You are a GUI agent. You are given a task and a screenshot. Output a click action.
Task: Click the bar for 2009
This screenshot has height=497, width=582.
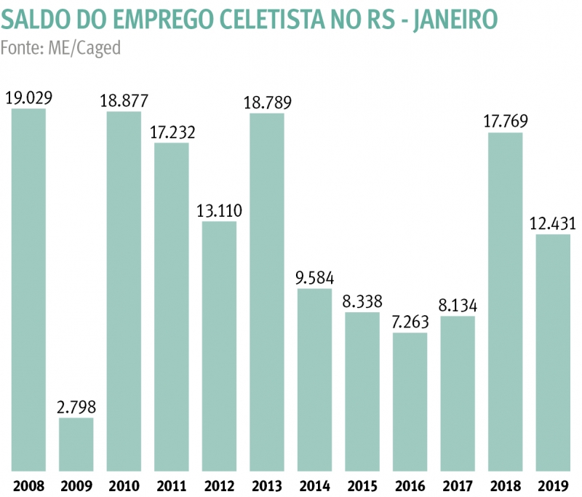pos(76,444)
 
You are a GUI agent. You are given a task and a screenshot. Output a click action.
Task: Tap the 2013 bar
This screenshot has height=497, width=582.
pos(267,292)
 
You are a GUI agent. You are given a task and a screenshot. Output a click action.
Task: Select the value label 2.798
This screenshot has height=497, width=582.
pos(76,406)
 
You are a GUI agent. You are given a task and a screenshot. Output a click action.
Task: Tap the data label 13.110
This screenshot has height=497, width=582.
pos(219,210)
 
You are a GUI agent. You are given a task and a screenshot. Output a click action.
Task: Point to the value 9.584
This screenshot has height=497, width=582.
pos(314,277)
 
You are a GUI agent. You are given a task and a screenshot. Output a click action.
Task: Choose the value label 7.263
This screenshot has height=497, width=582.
pos(410,321)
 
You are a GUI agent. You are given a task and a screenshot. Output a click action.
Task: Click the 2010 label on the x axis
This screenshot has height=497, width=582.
pos(124,486)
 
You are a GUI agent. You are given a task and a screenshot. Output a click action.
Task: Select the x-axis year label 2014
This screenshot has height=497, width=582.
pos(314,486)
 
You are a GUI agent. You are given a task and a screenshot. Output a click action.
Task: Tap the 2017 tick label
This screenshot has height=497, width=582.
pos(458,486)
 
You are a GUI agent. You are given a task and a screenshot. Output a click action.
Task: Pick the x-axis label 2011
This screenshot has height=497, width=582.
pos(172,486)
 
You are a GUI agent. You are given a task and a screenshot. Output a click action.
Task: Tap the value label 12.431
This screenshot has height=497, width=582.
pos(553,223)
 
